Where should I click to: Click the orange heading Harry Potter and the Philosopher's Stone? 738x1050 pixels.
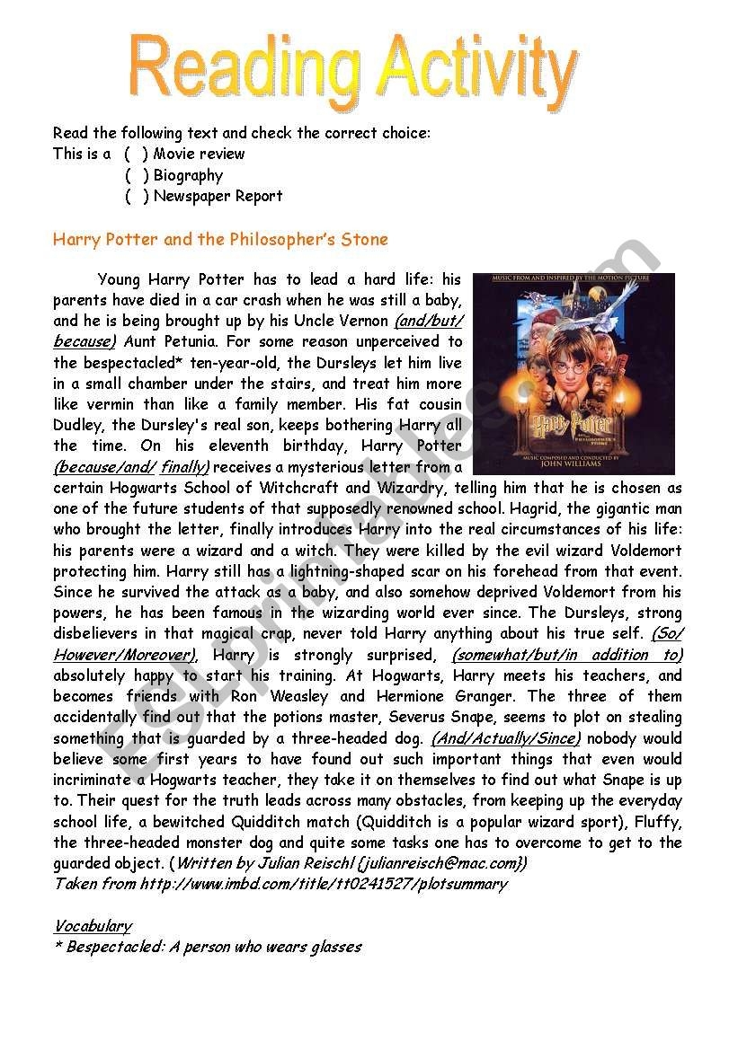220,240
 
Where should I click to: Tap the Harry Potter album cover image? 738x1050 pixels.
573,374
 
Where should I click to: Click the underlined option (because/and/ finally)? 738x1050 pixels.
131,467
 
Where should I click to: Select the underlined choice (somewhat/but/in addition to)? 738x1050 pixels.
567,655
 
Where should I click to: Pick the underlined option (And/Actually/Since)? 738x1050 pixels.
506,738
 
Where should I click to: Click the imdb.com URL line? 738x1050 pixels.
280,884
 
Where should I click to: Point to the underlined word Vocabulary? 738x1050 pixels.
93,926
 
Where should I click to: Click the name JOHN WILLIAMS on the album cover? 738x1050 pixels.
573,466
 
